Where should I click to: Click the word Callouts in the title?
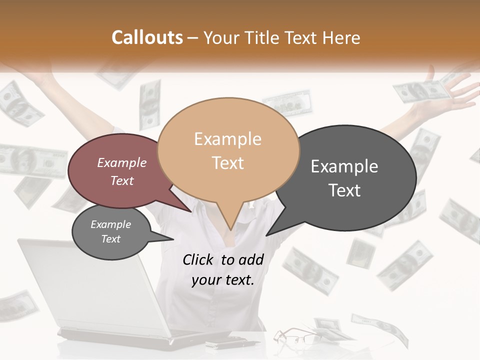point(147,37)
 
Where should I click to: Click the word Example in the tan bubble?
point(227,139)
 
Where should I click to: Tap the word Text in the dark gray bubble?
point(344,190)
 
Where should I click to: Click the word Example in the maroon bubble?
point(121,162)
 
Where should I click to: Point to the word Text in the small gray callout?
point(110,239)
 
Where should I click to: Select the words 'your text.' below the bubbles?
point(223,280)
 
